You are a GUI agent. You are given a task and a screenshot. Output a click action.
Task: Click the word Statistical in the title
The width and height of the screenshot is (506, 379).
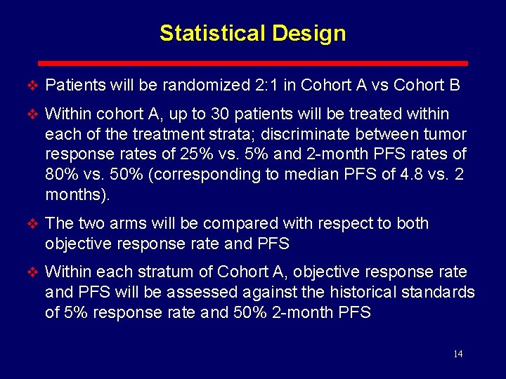(x=205, y=33)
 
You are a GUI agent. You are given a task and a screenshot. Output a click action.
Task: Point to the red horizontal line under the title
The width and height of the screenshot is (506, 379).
(x=252, y=62)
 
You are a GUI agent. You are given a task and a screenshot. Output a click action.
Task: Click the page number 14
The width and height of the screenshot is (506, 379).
(x=458, y=354)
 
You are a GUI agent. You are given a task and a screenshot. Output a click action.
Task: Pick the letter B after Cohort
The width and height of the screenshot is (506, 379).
(x=454, y=86)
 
